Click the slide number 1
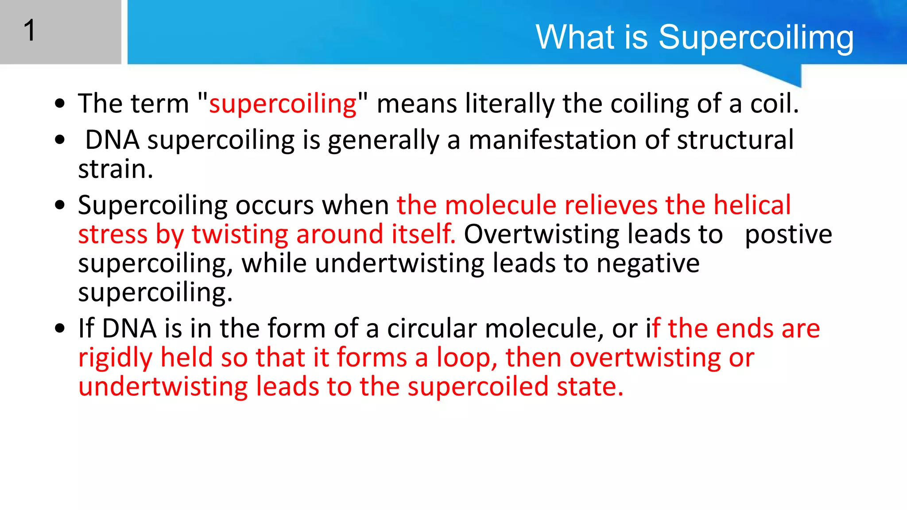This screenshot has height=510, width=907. point(29,31)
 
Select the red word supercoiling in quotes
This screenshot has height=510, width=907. point(283,104)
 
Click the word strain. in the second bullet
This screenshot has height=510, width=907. point(116,169)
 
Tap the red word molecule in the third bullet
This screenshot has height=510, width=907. point(500,205)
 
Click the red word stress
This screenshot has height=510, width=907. point(112,235)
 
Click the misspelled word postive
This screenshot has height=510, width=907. point(788,235)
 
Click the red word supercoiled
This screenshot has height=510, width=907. point(478,387)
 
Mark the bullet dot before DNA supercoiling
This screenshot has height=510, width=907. point(60,140)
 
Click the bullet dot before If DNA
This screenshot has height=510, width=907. point(60,329)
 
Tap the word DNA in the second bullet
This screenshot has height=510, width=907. point(112,140)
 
